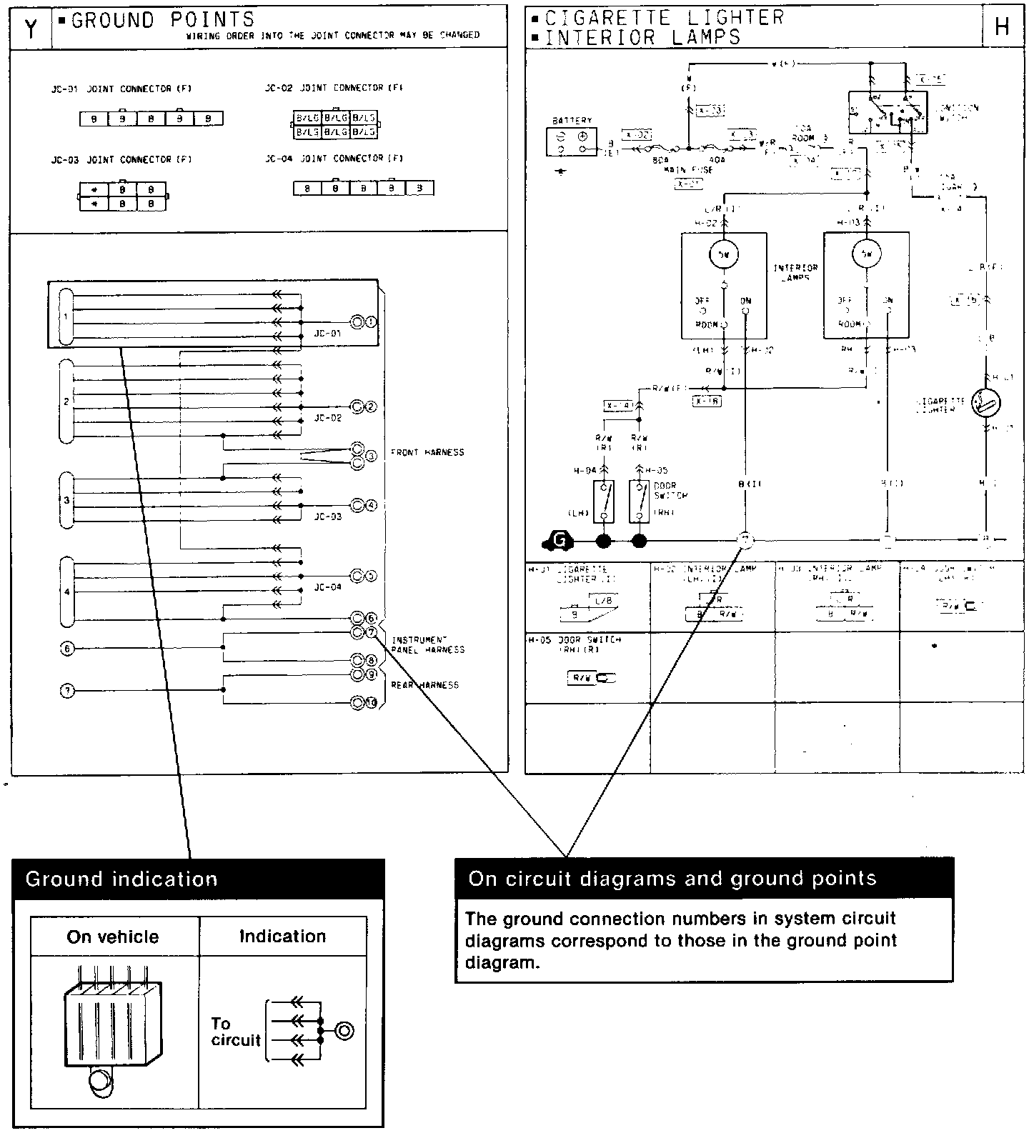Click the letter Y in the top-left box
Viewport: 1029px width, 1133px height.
pyautogui.click(x=31, y=29)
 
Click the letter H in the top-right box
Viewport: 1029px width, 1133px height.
pyautogui.click(x=1001, y=28)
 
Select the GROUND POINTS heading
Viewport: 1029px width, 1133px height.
pyautogui.click(x=163, y=20)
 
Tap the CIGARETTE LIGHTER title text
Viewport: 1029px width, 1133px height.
pyautogui.click(x=665, y=17)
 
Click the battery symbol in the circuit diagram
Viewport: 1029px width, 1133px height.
pyautogui.click(x=572, y=142)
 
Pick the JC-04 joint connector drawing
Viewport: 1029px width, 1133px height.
pyautogui.click(x=363, y=189)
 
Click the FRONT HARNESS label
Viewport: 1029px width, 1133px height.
pyautogui.click(x=427, y=452)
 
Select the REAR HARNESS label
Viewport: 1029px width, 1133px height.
pyautogui.click(x=424, y=685)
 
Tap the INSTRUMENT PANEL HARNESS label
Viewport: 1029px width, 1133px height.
pyautogui.click(x=427, y=645)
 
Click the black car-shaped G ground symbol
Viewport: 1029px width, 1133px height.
pyautogui.click(x=559, y=541)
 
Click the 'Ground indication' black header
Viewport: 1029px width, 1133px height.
pyautogui.click(x=199, y=879)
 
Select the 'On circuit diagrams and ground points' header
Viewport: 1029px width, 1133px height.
pyautogui.click(x=704, y=878)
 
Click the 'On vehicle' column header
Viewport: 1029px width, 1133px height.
pyautogui.click(x=113, y=937)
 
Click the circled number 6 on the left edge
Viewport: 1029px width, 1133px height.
pyautogui.click(x=67, y=649)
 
